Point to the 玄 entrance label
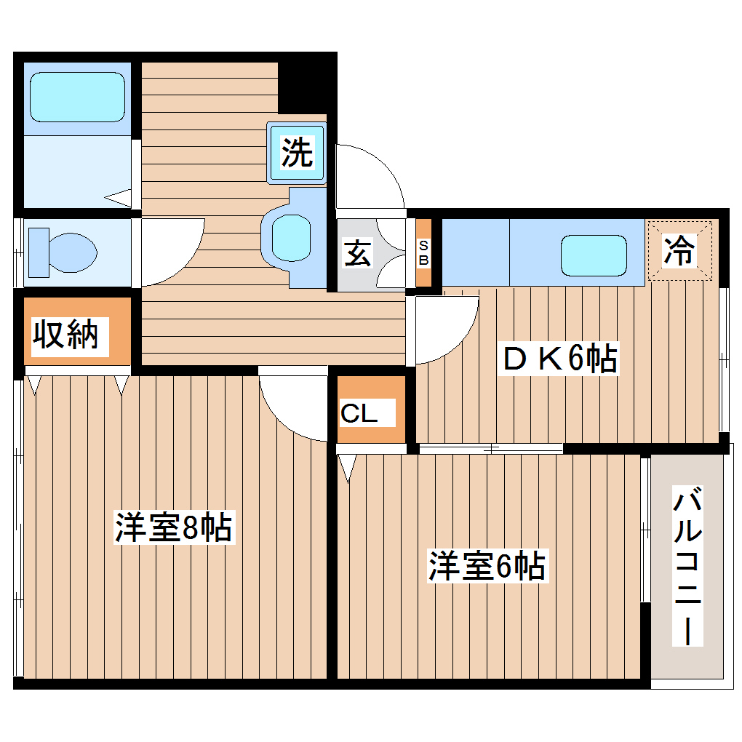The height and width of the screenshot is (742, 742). coord(356,255)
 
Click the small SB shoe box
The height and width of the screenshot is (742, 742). coord(423,252)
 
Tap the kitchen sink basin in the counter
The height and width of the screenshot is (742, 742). coord(593,255)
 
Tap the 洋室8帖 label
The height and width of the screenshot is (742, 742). coord(173,527)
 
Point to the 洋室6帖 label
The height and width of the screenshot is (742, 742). coord(487,566)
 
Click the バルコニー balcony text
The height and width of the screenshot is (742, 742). coord(687,567)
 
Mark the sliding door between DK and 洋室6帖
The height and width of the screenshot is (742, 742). coord(491,448)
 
